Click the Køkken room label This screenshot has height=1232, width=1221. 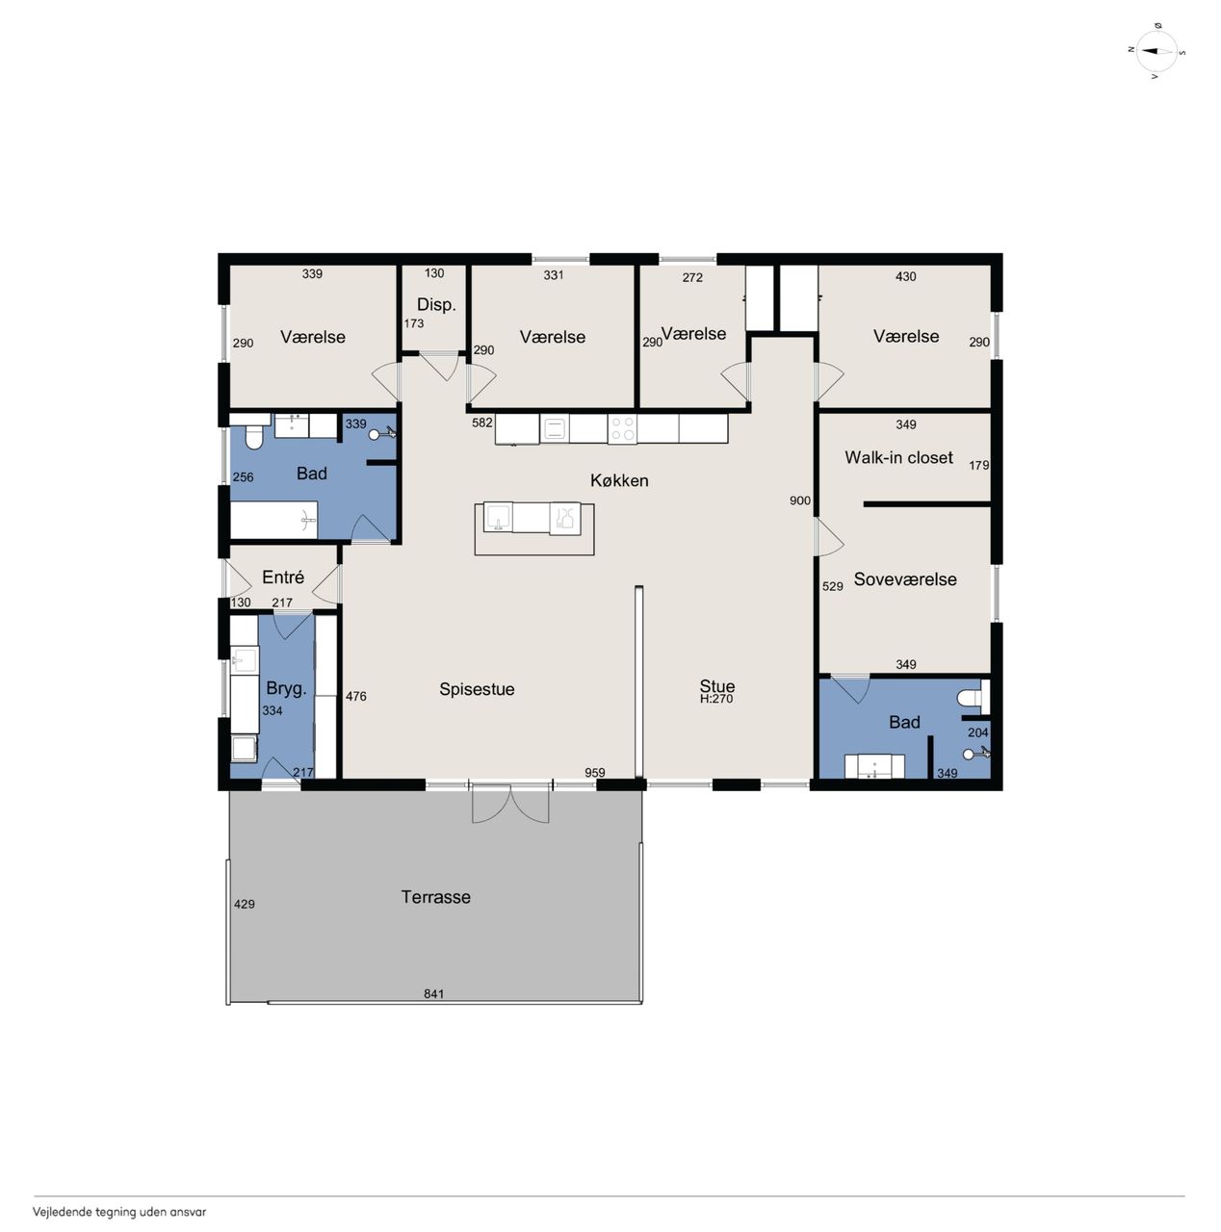pyautogui.click(x=618, y=480)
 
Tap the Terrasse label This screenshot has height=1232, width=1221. pyautogui.click(x=435, y=896)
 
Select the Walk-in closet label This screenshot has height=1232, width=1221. pyautogui.click(x=897, y=457)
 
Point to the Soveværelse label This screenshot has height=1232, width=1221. pyautogui.click(x=904, y=578)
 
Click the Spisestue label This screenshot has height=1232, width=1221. pyautogui.click(x=476, y=689)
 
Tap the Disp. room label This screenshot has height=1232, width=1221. pyautogui.click(x=436, y=305)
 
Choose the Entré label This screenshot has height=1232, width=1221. pyautogui.click(x=282, y=577)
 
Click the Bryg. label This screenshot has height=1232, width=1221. pyautogui.click(x=286, y=688)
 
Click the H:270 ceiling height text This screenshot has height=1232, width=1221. pyautogui.click(x=716, y=699)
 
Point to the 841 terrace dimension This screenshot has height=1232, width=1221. pyautogui.click(x=433, y=993)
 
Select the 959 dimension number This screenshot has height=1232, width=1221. pyautogui.click(x=594, y=772)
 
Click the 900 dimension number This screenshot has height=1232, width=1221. pyautogui.click(x=799, y=500)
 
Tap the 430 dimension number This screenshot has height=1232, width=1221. pyautogui.click(x=905, y=276)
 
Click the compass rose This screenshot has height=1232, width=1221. pyautogui.click(x=1156, y=51)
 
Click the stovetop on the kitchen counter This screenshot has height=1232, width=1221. pyautogui.click(x=621, y=428)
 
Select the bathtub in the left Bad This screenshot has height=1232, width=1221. pyautogui.click(x=273, y=520)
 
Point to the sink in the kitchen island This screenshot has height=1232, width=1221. pyautogui.click(x=498, y=517)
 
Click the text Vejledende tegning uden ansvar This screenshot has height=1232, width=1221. pyautogui.click(x=119, y=1212)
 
